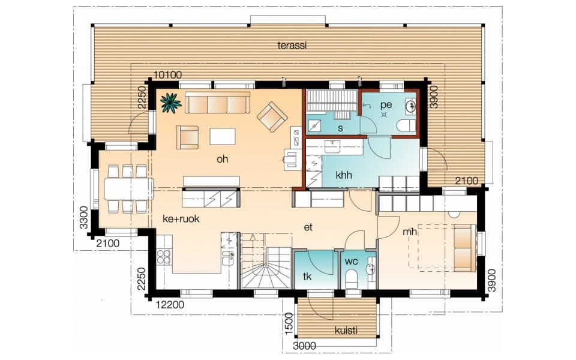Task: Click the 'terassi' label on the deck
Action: tap(292, 46)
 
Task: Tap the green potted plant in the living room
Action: tap(171, 102)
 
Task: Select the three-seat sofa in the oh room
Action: tap(217, 103)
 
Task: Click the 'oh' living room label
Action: tap(222, 159)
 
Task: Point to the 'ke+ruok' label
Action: tap(181, 219)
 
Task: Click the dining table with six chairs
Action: tap(128, 189)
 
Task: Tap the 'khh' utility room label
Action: tap(344, 175)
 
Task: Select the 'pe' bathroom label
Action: tap(386, 105)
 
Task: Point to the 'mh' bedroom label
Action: tap(410, 232)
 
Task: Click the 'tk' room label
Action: tap(307, 276)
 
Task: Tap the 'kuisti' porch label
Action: tap(346, 331)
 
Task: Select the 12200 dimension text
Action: tap(170, 305)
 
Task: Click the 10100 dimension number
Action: tap(167, 75)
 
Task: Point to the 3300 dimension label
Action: tap(84, 217)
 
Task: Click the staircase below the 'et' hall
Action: tap(266, 261)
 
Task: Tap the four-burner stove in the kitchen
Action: tap(163, 257)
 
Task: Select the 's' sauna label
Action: tap(340, 128)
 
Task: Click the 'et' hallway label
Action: tap(308, 227)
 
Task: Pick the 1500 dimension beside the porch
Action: tap(289, 323)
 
